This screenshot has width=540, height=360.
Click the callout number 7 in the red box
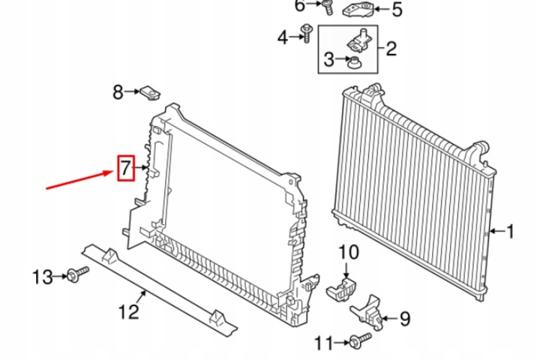point(125,168)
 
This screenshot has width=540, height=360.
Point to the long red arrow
point(80,179)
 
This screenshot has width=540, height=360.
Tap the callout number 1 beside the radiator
point(510,231)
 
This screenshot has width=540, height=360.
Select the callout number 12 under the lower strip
point(128,312)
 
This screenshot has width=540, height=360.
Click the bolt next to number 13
point(78,274)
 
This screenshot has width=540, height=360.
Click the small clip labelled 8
point(150,92)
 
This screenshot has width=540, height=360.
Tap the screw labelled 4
point(306,33)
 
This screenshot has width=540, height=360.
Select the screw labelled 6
point(328,7)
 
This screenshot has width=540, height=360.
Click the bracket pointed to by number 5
point(358,10)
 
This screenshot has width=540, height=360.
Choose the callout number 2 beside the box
point(391,49)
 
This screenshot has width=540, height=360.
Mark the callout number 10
point(349,252)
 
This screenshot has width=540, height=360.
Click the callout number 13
point(42,277)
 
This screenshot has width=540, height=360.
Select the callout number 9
point(405,319)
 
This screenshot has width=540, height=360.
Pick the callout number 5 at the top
point(397,9)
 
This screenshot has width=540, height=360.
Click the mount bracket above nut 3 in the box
point(359,41)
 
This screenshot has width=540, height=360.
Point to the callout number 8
point(118,92)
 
